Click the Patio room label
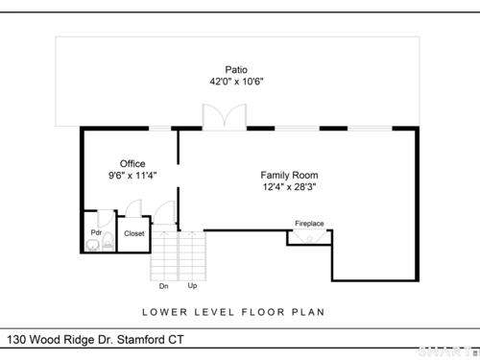tap(236, 69)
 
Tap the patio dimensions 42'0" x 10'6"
tap(236, 82)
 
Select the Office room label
tap(132, 163)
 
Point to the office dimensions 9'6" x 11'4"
tap(132, 176)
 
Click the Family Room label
tap(289, 175)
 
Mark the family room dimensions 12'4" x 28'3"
tap(289, 186)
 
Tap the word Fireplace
tap(309, 224)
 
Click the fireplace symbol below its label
tap(309, 237)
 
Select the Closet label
tap(134, 233)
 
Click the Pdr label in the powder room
tap(96, 232)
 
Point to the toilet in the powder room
tap(108, 242)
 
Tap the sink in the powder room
tap(92, 246)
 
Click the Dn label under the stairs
tap(163, 286)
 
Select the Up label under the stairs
tap(192, 285)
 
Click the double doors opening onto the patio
tap(225, 117)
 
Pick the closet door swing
tap(133, 208)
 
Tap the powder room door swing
tap(106, 219)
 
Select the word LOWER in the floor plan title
tap(164, 312)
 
